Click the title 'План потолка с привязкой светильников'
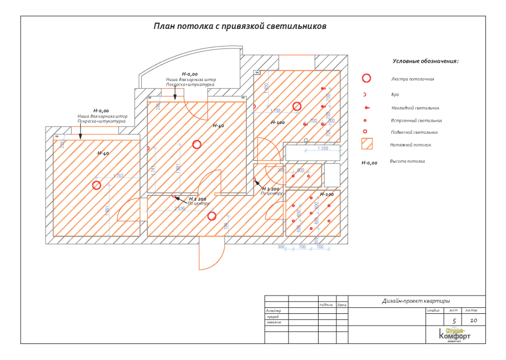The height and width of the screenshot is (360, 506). click(240, 26)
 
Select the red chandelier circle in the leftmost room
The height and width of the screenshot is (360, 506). click(97, 185)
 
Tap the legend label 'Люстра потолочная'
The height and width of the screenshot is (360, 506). click(412, 79)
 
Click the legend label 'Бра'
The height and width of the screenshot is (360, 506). click(395, 94)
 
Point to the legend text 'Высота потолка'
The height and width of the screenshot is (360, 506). click(407, 161)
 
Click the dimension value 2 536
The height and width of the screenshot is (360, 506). click(180, 208)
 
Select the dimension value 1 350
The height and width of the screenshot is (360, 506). click(323, 148)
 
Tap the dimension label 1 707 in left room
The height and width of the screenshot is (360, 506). click(118, 176)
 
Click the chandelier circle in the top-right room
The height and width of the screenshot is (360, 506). click(297, 106)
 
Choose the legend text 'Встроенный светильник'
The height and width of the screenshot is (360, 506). click(416, 120)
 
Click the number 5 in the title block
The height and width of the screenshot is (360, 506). click(454, 321)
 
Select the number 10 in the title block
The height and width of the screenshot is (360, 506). click(473, 321)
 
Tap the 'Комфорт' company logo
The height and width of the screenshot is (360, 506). click(454, 335)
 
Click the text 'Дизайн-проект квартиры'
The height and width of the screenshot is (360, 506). click(416, 301)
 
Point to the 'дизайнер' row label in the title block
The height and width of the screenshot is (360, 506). click(274, 311)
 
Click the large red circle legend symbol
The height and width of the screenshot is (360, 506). click(366, 78)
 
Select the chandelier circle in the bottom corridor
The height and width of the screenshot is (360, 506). click(212, 216)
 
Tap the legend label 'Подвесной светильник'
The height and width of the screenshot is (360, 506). click(414, 132)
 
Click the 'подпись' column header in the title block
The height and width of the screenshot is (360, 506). click(326, 304)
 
